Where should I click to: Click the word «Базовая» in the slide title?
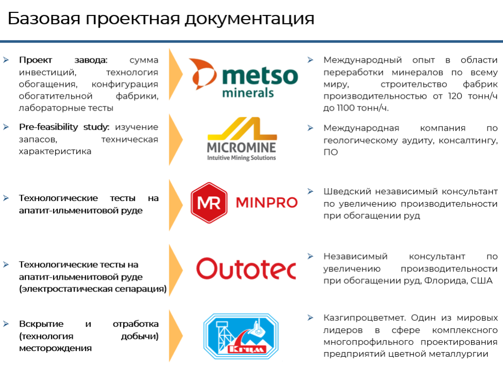click(x=44, y=19)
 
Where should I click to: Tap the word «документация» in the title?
click(x=249, y=19)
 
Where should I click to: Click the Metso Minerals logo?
click(x=244, y=78)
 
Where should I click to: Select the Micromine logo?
click(x=242, y=139)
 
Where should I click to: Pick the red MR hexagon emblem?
click(x=209, y=203)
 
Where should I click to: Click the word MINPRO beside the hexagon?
click(x=267, y=203)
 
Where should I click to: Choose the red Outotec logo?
click(x=246, y=268)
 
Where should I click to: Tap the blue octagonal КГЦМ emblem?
click(x=241, y=336)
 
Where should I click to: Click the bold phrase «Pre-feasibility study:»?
click(x=64, y=127)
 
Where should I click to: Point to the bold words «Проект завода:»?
click(x=63, y=60)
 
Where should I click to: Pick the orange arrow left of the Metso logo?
click(x=176, y=75)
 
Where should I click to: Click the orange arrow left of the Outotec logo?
click(x=176, y=270)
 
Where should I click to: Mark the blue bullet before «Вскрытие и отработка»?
click(x=6, y=324)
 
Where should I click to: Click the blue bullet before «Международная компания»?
click(x=310, y=128)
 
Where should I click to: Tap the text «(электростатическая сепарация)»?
click(x=93, y=289)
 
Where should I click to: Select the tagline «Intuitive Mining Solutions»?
click(x=241, y=157)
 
